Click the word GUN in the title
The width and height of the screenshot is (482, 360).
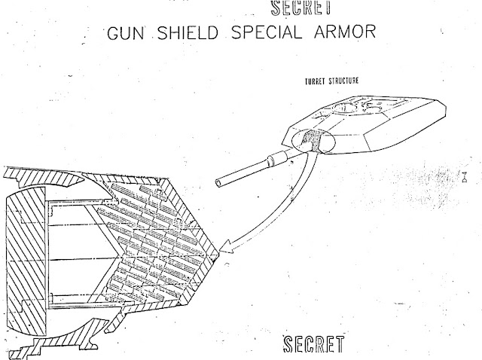point(126,32)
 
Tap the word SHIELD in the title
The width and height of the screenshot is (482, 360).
point(188,32)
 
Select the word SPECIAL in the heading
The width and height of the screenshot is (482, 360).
point(267,32)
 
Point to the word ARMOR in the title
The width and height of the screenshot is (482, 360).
point(345,32)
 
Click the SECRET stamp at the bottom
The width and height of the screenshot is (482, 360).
point(313,344)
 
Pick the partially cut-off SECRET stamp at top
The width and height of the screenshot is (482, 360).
point(301,8)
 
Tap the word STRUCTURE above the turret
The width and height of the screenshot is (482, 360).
point(343,81)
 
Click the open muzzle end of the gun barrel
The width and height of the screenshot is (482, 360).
point(218,183)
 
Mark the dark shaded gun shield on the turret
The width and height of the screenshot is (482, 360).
point(311,141)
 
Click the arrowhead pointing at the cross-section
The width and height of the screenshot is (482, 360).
point(227,246)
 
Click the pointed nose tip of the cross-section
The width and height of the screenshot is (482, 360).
point(218,255)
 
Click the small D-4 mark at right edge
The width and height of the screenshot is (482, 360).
point(465,177)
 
